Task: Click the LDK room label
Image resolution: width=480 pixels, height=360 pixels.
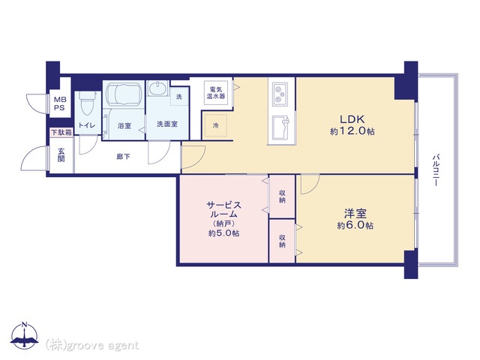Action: tap(352, 118)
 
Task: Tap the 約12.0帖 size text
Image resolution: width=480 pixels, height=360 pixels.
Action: tap(352, 131)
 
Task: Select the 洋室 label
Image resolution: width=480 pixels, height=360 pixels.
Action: tap(355, 213)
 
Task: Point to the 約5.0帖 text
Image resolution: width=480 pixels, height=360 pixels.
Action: tap(223, 233)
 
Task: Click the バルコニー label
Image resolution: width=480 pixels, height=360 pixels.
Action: tap(435, 171)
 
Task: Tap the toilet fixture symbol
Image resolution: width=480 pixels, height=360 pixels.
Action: tap(86, 103)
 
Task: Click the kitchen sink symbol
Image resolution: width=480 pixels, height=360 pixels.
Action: tap(280, 127)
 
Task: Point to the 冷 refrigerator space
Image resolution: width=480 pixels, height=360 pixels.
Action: tap(216, 125)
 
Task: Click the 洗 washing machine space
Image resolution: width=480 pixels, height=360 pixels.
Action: tap(179, 97)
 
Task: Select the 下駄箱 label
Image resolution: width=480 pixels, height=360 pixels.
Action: tap(61, 133)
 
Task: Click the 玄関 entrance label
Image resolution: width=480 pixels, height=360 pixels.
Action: tap(61, 155)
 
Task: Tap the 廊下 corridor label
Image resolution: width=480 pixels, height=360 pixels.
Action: tap(123, 157)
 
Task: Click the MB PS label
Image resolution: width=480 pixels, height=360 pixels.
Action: tap(60, 103)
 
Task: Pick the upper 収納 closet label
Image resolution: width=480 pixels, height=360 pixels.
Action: tap(282, 196)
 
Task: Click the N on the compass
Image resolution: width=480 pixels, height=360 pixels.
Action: tap(24, 325)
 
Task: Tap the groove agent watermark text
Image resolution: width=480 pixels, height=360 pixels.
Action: tap(91, 345)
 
